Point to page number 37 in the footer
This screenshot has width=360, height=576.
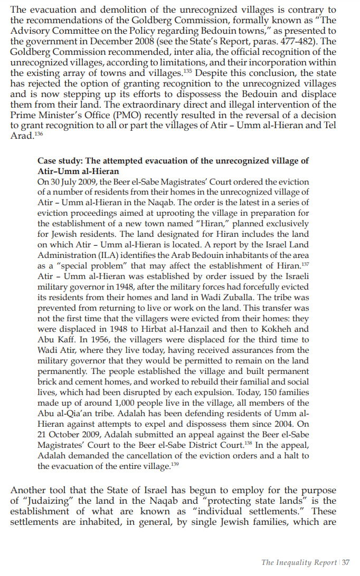click(x=346, y=562)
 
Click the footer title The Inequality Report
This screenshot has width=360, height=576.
click(x=299, y=562)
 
